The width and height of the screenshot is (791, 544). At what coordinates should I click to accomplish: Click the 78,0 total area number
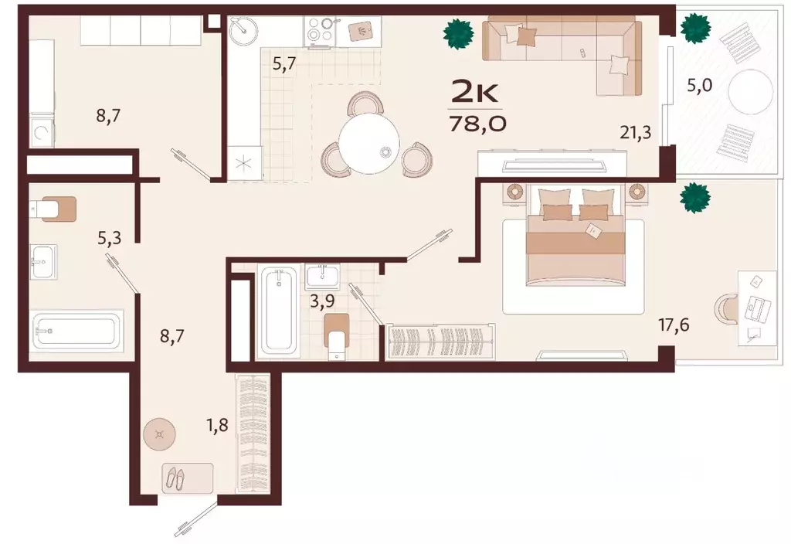click(x=477, y=123)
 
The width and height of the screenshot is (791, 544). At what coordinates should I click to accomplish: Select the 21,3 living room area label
click(x=636, y=133)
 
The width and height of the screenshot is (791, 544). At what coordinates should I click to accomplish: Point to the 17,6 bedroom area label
click(x=674, y=325)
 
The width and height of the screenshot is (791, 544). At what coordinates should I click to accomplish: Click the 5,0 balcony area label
click(x=699, y=85)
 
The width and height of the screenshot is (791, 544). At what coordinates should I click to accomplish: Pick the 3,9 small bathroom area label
click(x=322, y=302)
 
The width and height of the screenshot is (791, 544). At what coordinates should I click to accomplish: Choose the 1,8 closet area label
click(x=217, y=425)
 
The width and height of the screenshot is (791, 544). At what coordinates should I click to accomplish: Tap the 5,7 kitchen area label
click(x=284, y=65)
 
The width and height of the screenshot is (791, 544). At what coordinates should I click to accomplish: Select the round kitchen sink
click(x=243, y=31)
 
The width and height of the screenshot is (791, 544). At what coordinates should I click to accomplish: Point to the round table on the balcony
click(x=751, y=93)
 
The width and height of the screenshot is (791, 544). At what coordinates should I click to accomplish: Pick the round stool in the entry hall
click(x=159, y=434)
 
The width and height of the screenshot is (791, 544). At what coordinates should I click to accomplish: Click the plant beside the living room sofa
click(x=459, y=35)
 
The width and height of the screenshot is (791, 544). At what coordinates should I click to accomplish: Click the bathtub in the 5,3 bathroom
click(x=78, y=330)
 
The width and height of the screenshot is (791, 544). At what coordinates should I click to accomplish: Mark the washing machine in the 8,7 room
click(x=42, y=132)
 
